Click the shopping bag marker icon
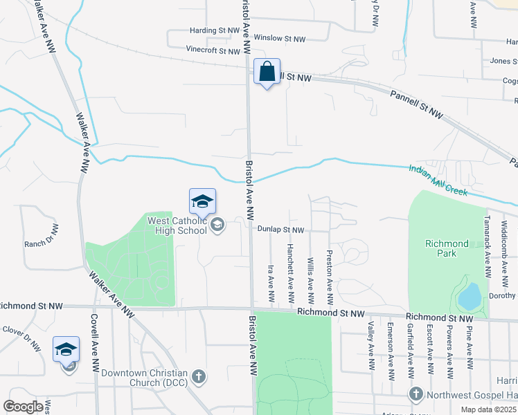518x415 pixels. (x=267, y=72)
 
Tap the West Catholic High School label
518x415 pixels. (x=178, y=225)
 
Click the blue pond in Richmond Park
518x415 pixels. (x=470, y=296)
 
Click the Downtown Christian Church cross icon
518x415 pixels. (x=199, y=377)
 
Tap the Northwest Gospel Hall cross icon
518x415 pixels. (x=416, y=395)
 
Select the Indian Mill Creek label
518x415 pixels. (x=438, y=180)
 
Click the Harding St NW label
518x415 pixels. (x=215, y=31)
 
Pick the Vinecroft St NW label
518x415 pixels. (x=213, y=50)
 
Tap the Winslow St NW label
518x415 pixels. (x=280, y=39)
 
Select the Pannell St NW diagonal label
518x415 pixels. (x=416, y=102)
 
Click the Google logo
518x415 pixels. (x=23, y=407)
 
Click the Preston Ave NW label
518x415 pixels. (x=330, y=277)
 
